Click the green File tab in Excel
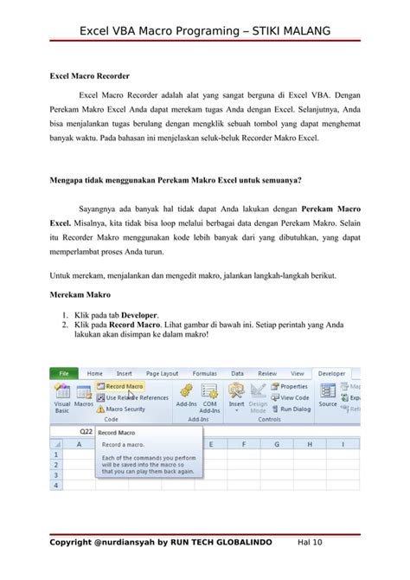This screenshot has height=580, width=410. click(x=63, y=373)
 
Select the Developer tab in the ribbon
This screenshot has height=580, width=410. click(x=331, y=373)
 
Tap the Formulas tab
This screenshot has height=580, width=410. click(x=205, y=373)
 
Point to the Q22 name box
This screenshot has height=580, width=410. click(x=86, y=430)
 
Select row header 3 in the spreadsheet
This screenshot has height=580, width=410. click(x=57, y=474)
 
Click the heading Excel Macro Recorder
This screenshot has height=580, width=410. click(x=86, y=77)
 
